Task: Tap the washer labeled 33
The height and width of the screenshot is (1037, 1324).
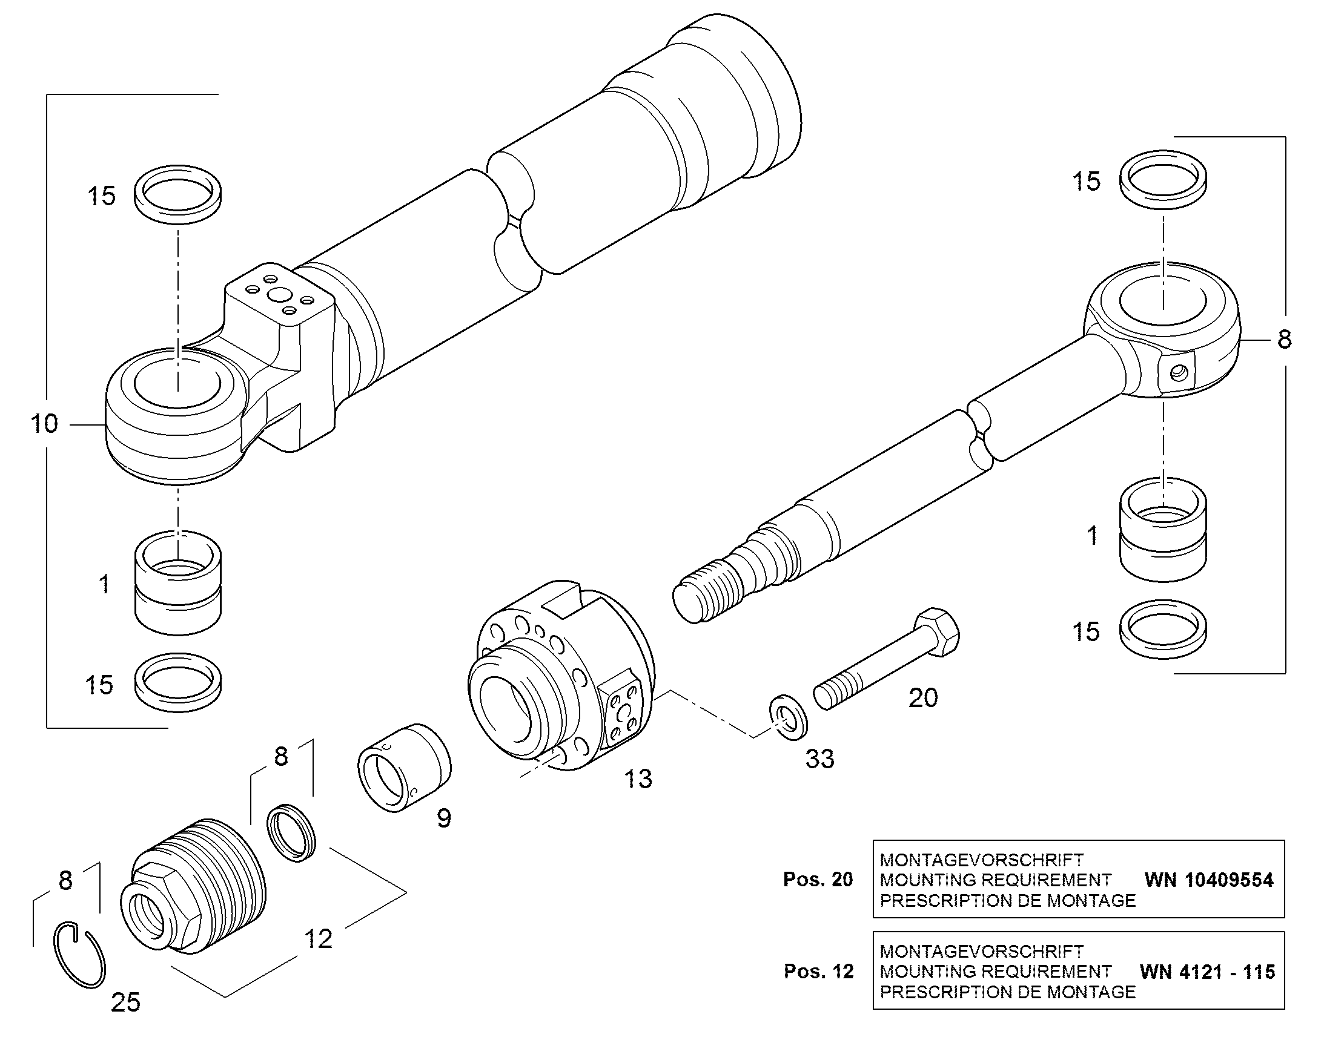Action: pyautogui.click(x=787, y=717)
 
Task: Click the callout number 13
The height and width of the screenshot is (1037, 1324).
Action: pyautogui.click(x=638, y=779)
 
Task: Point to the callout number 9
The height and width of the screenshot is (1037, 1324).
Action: pyautogui.click(x=444, y=818)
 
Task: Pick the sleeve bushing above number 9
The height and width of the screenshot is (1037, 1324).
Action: pyautogui.click(x=404, y=767)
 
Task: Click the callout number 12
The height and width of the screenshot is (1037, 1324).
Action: pyautogui.click(x=318, y=939)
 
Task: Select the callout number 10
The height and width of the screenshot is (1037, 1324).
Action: pyautogui.click(x=44, y=424)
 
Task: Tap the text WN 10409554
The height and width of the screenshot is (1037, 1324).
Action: pyautogui.click(x=1208, y=880)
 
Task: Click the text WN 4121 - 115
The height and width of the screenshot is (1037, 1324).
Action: pyautogui.click(x=1207, y=972)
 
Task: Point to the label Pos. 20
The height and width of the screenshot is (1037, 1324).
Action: pyautogui.click(x=818, y=880)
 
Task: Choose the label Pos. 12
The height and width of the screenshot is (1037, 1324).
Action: pyautogui.click(x=819, y=972)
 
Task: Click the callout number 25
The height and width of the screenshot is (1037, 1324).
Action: pyautogui.click(x=126, y=1002)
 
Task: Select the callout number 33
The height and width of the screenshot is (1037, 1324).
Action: pyautogui.click(x=820, y=759)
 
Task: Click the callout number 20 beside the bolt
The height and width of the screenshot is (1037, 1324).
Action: pyautogui.click(x=923, y=698)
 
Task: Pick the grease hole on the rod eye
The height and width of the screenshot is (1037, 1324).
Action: pyautogui.click(x=1179, y=373)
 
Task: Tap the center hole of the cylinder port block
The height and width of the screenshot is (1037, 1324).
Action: pyautogui.click(x=280, y=295)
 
